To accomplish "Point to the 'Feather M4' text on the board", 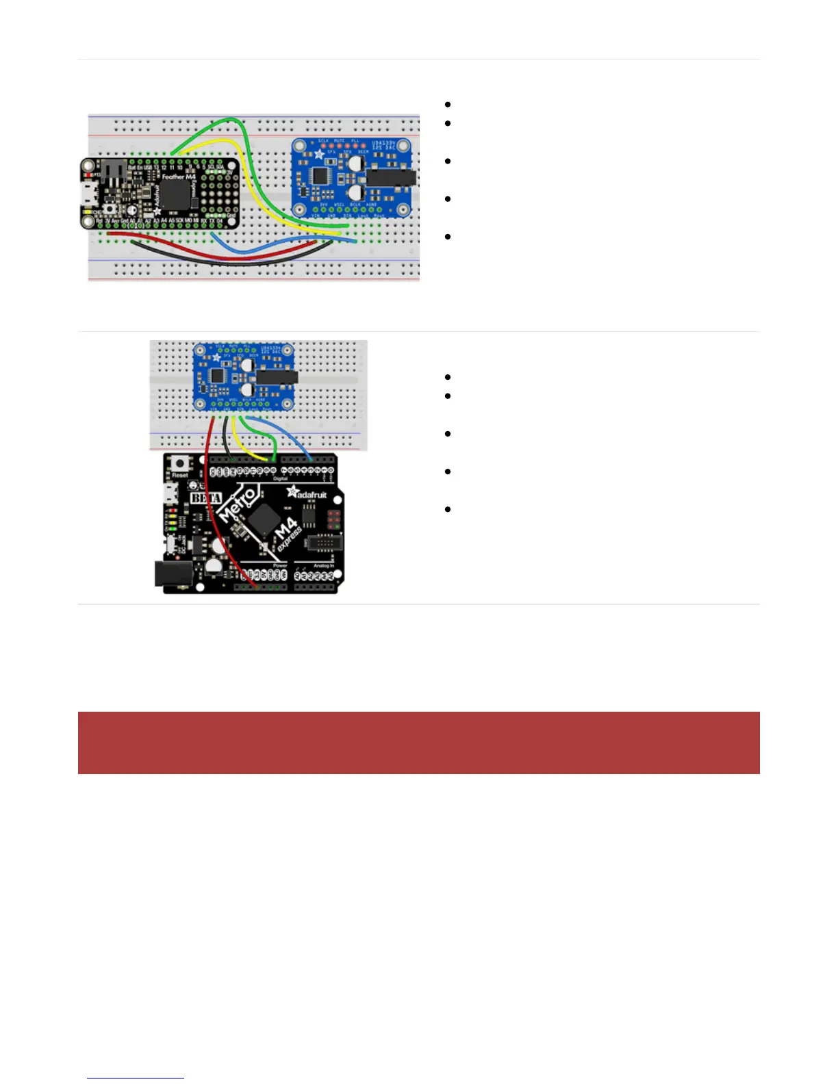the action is coord(179,177).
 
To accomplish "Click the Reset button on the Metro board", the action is coord(180,463).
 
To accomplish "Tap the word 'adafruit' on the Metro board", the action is coord(309,494).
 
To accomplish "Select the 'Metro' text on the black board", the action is coord(238,505).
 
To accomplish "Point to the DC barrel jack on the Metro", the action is coord(171,573).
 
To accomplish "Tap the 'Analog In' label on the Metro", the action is coord(322,566).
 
